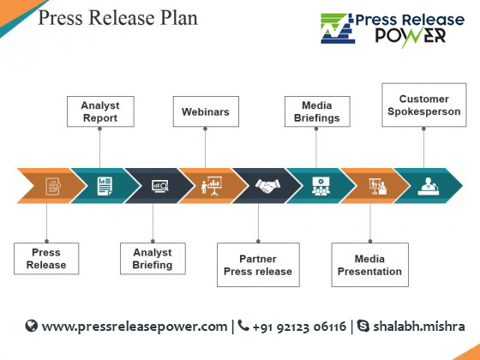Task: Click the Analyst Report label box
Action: click(100, 111)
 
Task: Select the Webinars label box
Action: click(206, 111)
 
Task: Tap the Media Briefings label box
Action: click(317, 111)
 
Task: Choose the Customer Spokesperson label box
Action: click(424, 105)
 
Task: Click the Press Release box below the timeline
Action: click(46, 258)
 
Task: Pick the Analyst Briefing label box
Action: click(153, 258)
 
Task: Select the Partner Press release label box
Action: click(258, 265)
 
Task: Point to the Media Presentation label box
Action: click(369, 265)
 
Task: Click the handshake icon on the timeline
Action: click(267, 186)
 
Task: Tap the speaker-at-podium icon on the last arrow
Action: click(429, 186)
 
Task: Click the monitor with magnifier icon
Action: click(160, 186)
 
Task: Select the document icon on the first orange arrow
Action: click(53, 186)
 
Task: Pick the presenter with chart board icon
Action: click(212, 185)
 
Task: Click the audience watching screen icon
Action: click(321, 186)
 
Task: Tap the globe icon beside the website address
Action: click(31, 326)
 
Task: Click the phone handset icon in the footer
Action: click(243, 326)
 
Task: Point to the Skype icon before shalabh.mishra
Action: click(363, 326)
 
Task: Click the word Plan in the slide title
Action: click(179, 17)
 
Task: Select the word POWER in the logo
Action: click(411, 36)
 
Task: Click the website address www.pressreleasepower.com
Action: click(135, 327)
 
